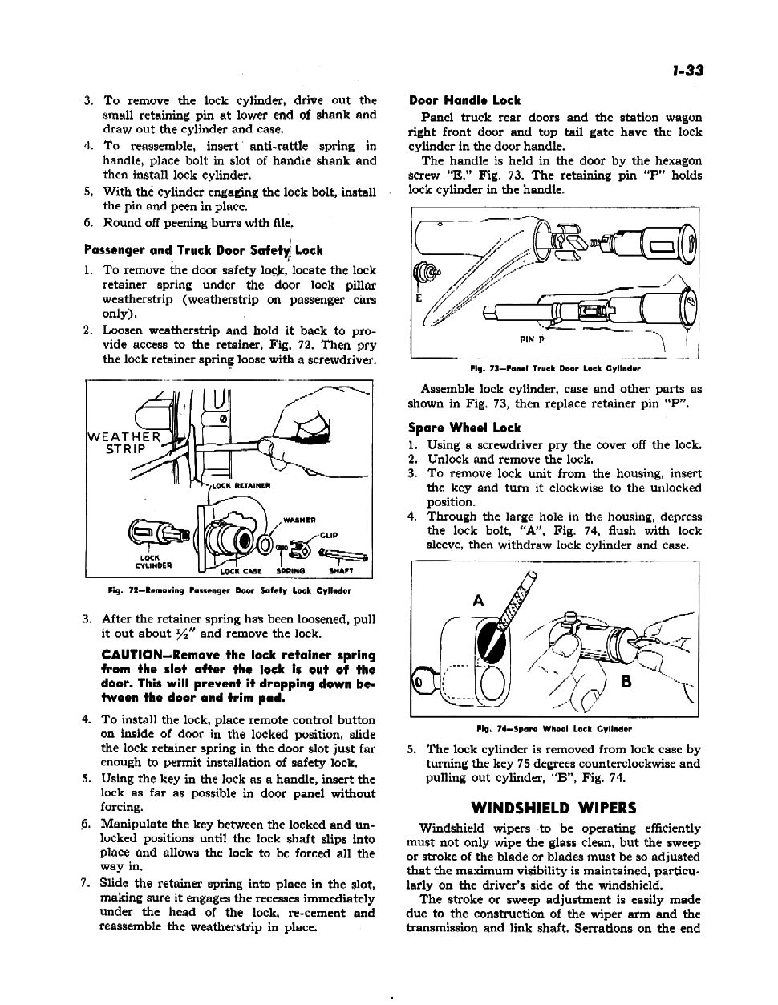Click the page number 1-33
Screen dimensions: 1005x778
687,70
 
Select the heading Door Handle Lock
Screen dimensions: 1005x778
464,100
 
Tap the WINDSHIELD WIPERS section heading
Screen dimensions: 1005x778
553,807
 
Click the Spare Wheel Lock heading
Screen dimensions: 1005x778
464,428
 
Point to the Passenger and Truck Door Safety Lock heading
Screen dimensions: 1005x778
204,249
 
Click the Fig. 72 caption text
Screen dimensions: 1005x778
229,591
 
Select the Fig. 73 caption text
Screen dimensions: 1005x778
555,368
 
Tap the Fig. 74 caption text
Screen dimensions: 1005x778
554,729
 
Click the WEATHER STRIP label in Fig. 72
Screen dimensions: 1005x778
124,443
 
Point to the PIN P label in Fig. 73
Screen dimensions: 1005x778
531,339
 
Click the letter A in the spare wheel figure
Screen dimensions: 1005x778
479,600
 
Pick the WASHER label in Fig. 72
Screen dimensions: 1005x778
298,517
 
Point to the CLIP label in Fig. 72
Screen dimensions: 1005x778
329,535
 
